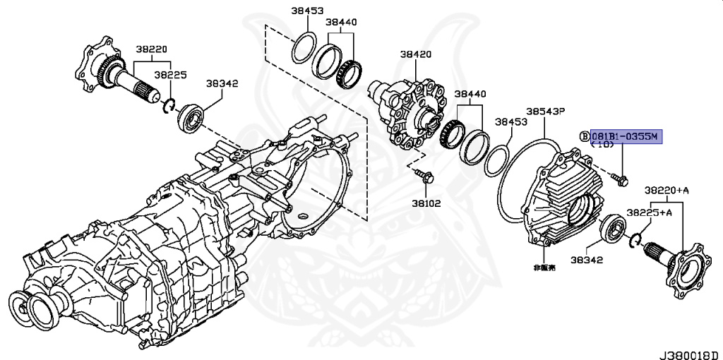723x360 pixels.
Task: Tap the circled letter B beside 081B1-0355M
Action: [x=584, y=136]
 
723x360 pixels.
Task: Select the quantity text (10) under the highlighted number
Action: [x=602, y=145]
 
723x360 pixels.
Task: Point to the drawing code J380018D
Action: [x=689, y=351]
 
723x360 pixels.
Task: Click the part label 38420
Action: [x=416, y=54]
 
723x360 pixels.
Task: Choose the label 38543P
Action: [x=545, y=112]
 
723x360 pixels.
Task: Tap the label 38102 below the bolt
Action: [x=425, y=203]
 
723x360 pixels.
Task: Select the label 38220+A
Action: [x=666, y=191]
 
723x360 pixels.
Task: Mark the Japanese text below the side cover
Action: [x=544, y=268]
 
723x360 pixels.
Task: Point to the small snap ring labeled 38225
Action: [x=169, y=106]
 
